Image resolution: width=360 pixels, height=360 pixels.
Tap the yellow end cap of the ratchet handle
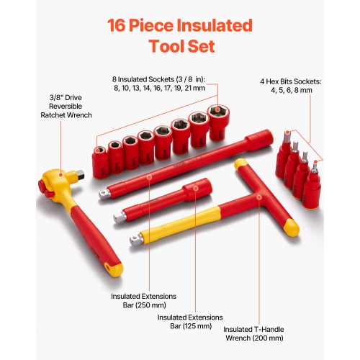tap(114, 269)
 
